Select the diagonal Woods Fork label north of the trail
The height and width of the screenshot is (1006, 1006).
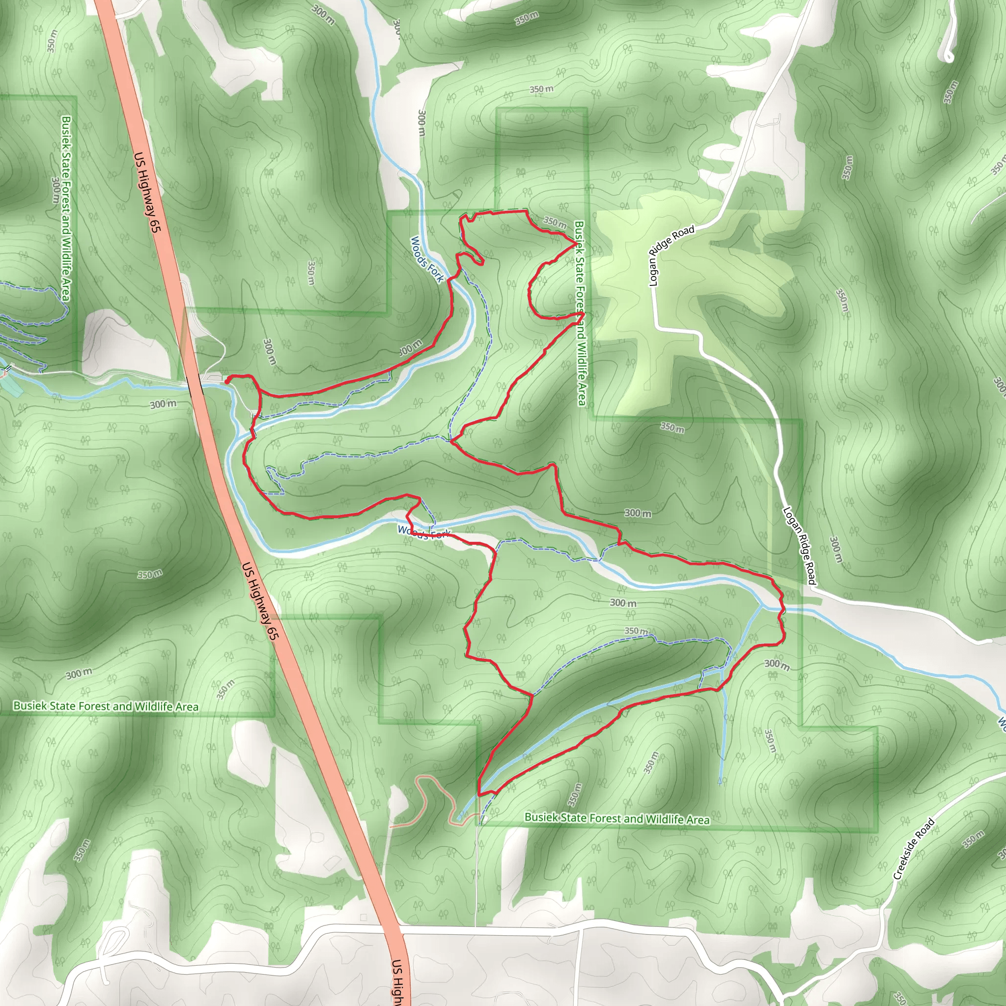pyautogui.click(x=427, y=259)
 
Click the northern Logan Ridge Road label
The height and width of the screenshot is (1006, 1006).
pyautogui.click(x=671, y=255)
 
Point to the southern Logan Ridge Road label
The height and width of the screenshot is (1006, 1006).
pyautogui.click(x=800, y=545)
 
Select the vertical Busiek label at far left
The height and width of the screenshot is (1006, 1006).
pyautogui.click(x=66, y=208)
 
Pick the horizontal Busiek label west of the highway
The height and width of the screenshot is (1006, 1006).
pyautogui.click(x=106, y=706)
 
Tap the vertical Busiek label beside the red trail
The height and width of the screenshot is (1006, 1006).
pyautogui.click(x=580, y=312)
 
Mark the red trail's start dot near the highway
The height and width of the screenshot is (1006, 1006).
pyautogui.click(x=227, y=381)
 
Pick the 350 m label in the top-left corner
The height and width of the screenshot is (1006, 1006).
pyautogui.click(x=52, y=40)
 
